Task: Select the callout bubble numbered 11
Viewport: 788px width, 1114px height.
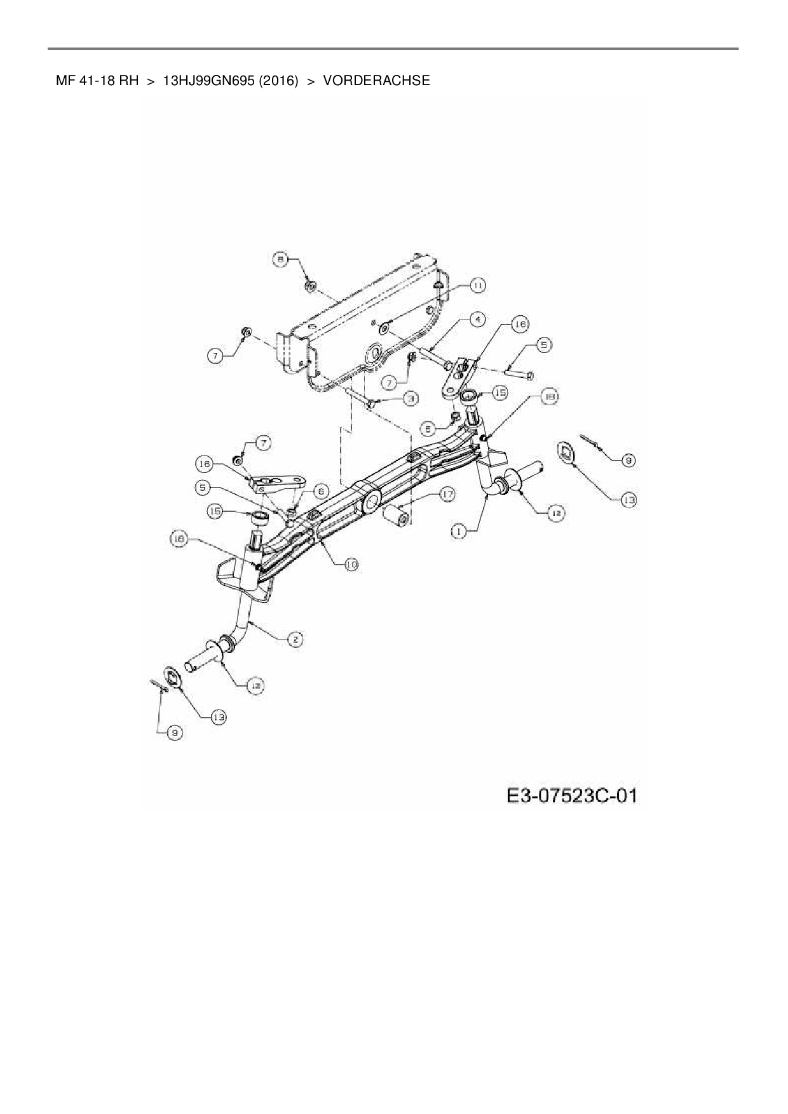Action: click(x=477, y=286)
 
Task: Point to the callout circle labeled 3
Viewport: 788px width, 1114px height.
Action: click(x=411, y=398)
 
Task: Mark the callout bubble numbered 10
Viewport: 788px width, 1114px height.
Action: click(x=351, y=564)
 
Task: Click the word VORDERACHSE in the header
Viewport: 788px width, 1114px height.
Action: click(x=376, y=81)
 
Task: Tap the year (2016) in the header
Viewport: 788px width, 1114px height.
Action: click(x=278, y=81)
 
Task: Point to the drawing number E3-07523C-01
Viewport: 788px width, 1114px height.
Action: click(x=571, y=795)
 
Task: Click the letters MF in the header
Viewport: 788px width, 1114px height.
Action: click(x=64, y=81)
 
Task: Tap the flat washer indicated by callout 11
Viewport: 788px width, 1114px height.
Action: click(x=384, y=329)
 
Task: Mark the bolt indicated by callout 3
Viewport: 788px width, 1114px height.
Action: click(x=363, y=401)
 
